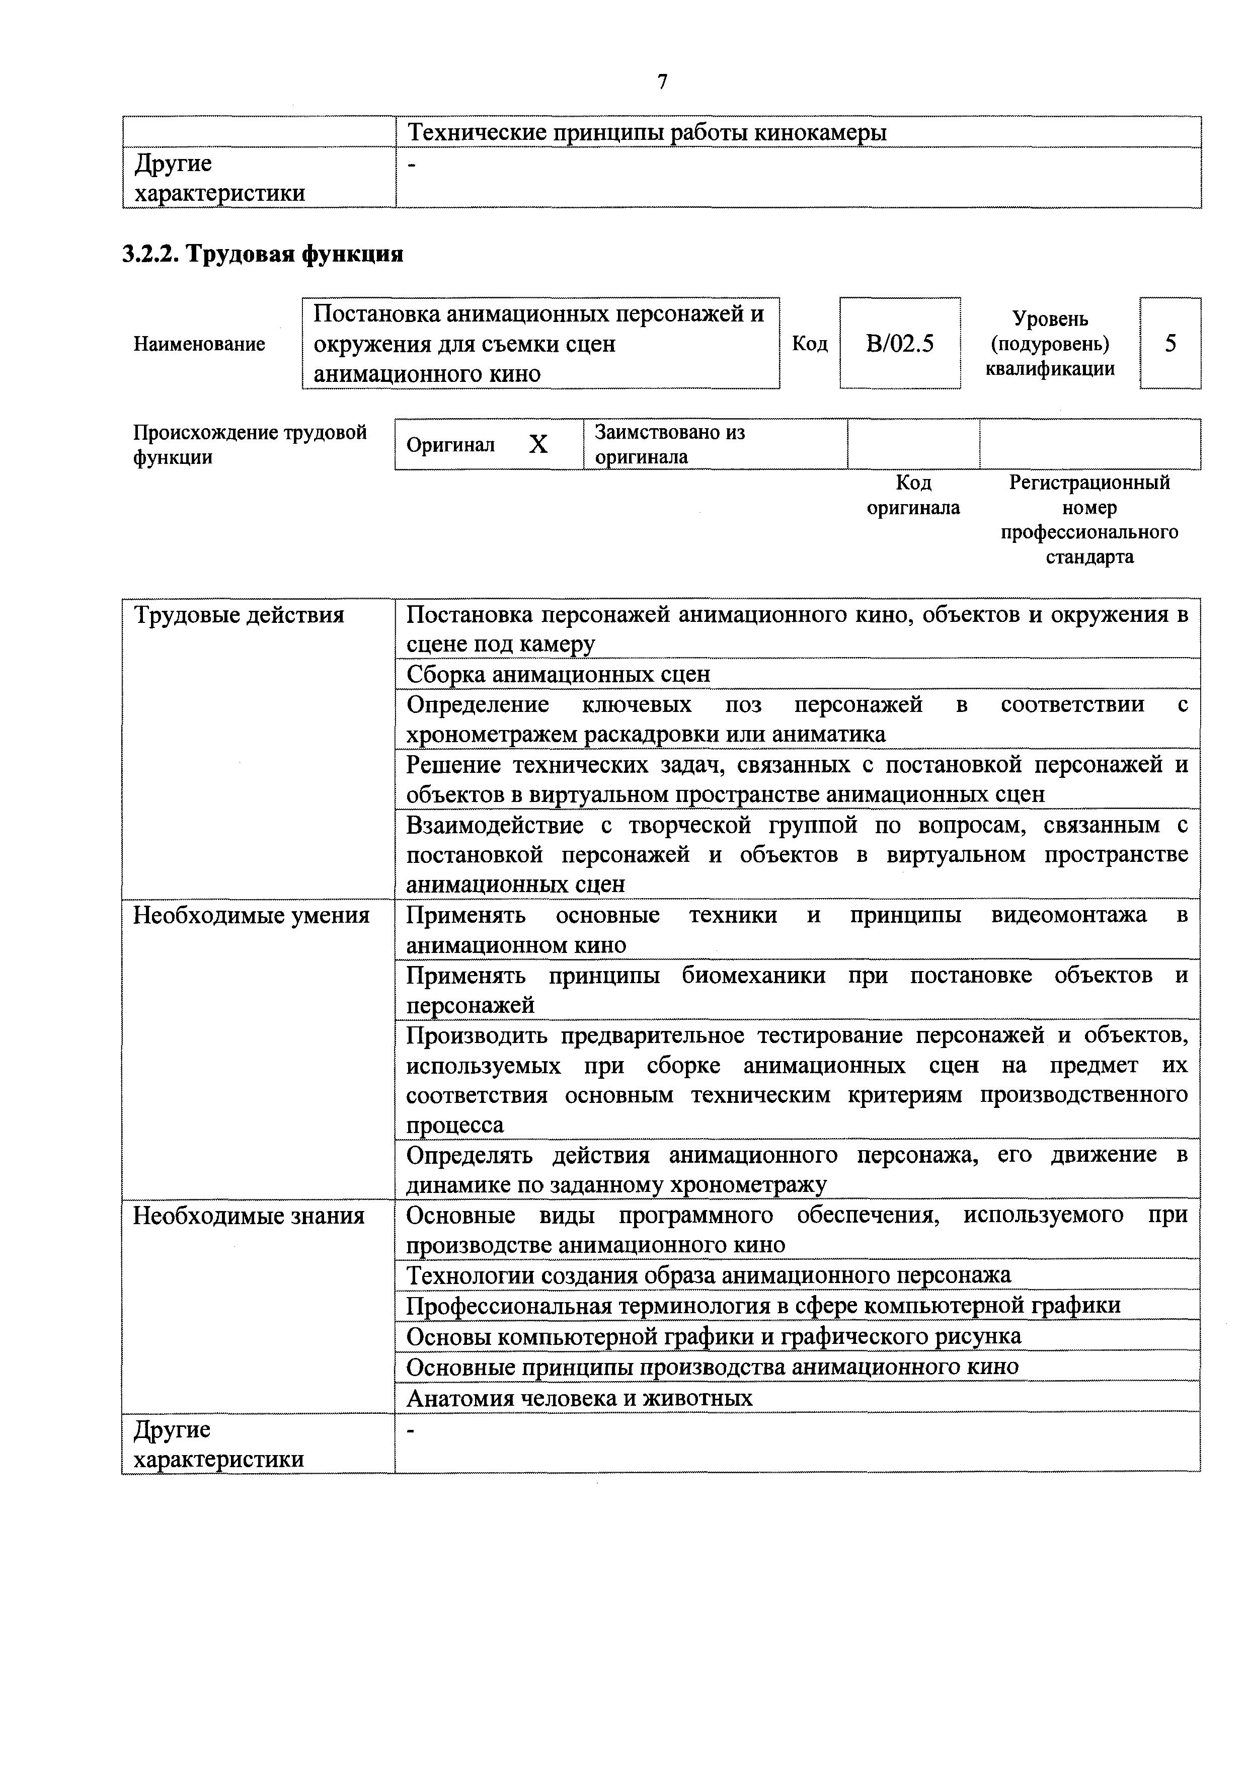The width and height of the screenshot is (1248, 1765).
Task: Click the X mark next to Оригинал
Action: coord(538,444)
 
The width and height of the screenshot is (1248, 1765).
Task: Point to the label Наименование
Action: coord(199,344)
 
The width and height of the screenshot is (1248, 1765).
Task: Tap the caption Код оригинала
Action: coord(913,495)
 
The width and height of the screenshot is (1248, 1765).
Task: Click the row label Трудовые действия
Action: coord(239,615)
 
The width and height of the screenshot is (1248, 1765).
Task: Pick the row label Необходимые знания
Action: coord(249,1216)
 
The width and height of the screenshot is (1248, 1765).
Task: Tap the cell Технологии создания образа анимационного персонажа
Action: coord(708,1275)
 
